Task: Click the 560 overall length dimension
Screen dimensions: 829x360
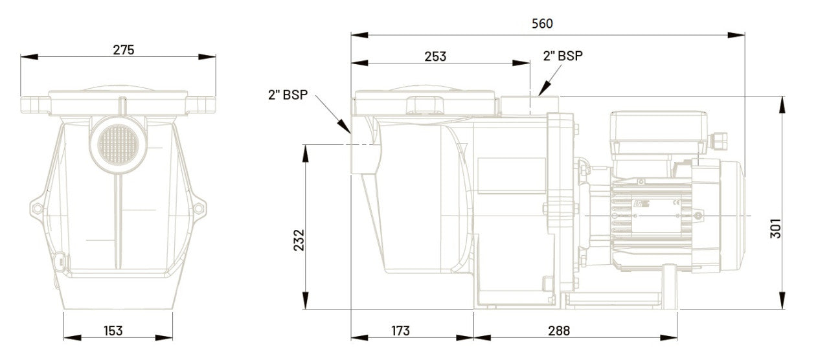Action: [542, 24]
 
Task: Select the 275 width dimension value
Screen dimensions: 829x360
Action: [124, 50]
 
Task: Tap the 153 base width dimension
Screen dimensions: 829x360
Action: [113, 330]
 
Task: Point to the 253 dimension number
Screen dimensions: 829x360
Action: [435, 56]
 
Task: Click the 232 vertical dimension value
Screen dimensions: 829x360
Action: [299, 240]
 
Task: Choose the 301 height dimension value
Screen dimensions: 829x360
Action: [776, 229]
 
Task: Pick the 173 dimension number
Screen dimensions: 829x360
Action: [400, 330]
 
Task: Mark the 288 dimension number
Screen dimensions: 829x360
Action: [559, 330]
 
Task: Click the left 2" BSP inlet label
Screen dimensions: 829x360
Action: [288, 95]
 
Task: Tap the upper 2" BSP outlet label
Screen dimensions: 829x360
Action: [563, 56]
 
